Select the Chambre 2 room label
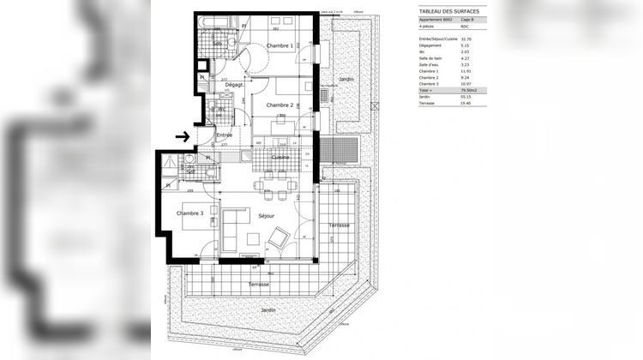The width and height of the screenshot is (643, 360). tap(280, 105)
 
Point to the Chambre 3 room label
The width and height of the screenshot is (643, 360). tap(190, 213)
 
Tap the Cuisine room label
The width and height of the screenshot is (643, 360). tap(280, 158)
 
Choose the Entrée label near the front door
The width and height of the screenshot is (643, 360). tap(224, 135)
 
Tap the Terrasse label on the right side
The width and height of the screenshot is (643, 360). tap(340, 225)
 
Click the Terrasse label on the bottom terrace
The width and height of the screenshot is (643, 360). tap(259, 284)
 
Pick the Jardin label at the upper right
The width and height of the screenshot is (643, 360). tap(346, 79)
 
